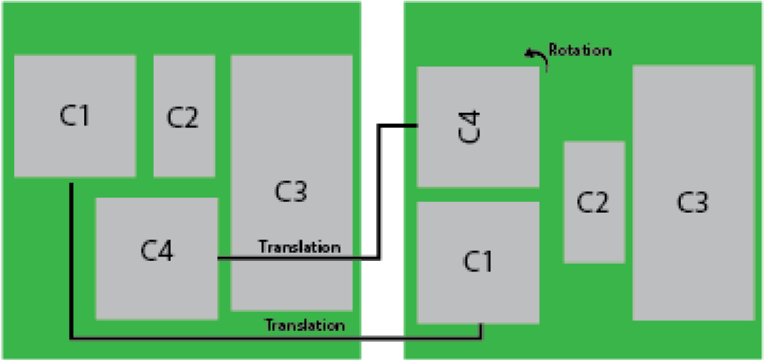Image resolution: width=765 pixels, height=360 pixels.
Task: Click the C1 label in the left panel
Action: click(74, 116)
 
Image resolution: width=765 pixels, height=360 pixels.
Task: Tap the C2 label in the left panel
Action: click(183, 118)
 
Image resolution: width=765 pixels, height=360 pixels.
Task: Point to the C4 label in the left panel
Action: click(157, 251)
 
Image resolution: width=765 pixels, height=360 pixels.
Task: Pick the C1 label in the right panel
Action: click(477, 261)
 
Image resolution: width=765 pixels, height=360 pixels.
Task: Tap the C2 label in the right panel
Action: click(593, 203)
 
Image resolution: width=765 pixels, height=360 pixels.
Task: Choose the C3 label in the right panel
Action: click(692, 203)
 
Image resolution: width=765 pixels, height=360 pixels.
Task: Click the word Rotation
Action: click(579, 50)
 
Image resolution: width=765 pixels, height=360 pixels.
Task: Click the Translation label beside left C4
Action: click(299, 247)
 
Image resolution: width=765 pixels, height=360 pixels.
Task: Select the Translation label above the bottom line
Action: click(305, 325)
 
